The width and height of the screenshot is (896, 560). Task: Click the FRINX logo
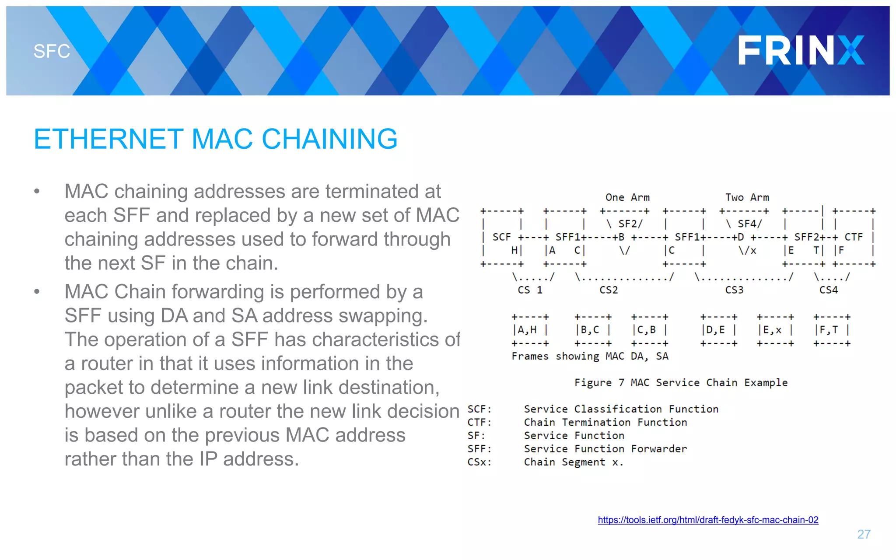pyautogui.click(x=801, y=50)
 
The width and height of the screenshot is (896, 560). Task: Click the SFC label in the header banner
pyautogui.click(x=52, y=52)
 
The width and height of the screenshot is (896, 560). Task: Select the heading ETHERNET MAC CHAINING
pyautogui.click(x=215, y=139)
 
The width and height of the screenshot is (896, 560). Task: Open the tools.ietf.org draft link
pyautogui.click(x=708, y=520)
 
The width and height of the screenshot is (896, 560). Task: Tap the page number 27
pyautogui.click(x=864, y=534)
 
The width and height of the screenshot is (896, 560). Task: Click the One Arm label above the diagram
pyautogui.click(x=627, y=197)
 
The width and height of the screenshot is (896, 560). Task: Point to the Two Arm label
pyautogui.click(x=747, y=197)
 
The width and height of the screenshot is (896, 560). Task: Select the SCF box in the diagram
pyautogui.click(x=502, y=238)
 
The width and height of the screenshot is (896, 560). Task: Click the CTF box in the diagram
pyautogui.click(x=854, y=238)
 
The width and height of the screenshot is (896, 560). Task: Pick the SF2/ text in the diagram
pyautogui.click(x=630, y=224)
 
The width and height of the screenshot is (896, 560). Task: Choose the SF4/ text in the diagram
pyautogui.click(x=749, y=224)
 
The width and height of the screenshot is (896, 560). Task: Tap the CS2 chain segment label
pyautogui.click(x=609, y=290)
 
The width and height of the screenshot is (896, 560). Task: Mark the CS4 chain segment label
pyautogui.click(x=828, y=290)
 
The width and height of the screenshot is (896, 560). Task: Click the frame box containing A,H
pyautogui.click(x=530, y=330)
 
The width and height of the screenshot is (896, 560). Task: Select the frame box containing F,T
pyautogui.click(x=831, y=330)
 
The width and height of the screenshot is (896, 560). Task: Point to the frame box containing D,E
pyautogui.click(x=718, y=330)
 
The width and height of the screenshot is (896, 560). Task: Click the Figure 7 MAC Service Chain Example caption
pyautogui.click(x=681, y=382)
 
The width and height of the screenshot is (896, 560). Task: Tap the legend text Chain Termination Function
pyautogui.click(x=605, y=422)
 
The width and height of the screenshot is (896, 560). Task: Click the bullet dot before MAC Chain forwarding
pyautogui.click(x=37, y=292)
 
